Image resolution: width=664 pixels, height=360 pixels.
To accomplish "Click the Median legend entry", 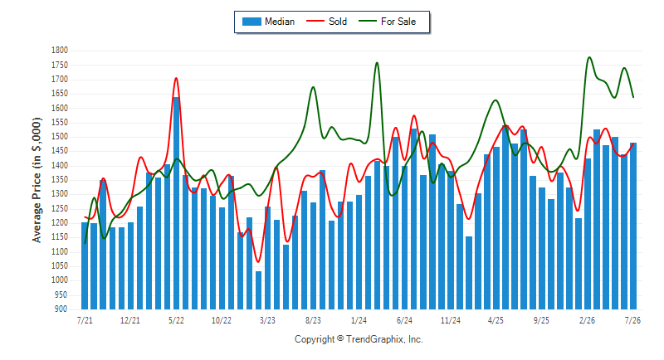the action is pyautogui.click(x=268, y=22).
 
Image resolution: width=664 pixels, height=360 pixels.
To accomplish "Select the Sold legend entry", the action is pyautogui.click(x=326, y=22).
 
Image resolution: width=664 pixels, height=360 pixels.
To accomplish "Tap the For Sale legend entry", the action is pyautogui.click(x=387, y=22).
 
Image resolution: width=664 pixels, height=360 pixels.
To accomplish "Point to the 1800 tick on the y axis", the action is pyautogui.click(x=60, y=51).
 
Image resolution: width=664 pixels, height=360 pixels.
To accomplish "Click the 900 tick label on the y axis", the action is pyautogui.click(x=61, y=309).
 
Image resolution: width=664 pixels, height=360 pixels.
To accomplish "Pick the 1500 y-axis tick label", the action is pyautogui.click(x=60, y=137).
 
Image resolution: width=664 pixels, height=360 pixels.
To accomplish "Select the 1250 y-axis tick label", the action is pyautogui.click(x=60, y=208).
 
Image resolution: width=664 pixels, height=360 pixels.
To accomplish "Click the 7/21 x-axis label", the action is pyautogui.click(x=85, y=320).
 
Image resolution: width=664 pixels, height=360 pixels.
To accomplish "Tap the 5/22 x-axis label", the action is pyautogui.click(x=176, y=320).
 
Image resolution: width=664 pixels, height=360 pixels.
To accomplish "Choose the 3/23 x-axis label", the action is pyautogui.click(x=267, y=320).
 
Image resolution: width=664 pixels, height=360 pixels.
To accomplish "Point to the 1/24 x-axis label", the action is pyautogui.click(x=359, y=320).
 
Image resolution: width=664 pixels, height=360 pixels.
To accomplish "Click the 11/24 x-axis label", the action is pyautogui.click(x=450, y=320).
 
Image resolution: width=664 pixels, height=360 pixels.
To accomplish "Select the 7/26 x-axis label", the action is pyautogui.click(x=632, y=320).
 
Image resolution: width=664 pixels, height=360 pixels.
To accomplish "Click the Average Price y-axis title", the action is pyautogui.click(x=37, y=180).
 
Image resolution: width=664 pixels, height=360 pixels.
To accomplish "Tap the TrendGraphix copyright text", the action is pyautogui.click(x=359, y=339).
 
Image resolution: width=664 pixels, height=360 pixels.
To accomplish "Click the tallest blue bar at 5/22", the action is pyautogui.click(x=176, y=203).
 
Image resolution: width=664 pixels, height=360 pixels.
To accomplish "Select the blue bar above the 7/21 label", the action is pyautogui.click(x=85, y=265).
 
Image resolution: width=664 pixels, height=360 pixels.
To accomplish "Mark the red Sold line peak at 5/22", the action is pyautogui.click(x=176, y=78).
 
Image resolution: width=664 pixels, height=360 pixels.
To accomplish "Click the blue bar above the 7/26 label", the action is pyautogui.click(x=633, y=226).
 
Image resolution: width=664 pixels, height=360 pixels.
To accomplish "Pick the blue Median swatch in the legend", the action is pyautogui.click(x=251, y=22).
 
